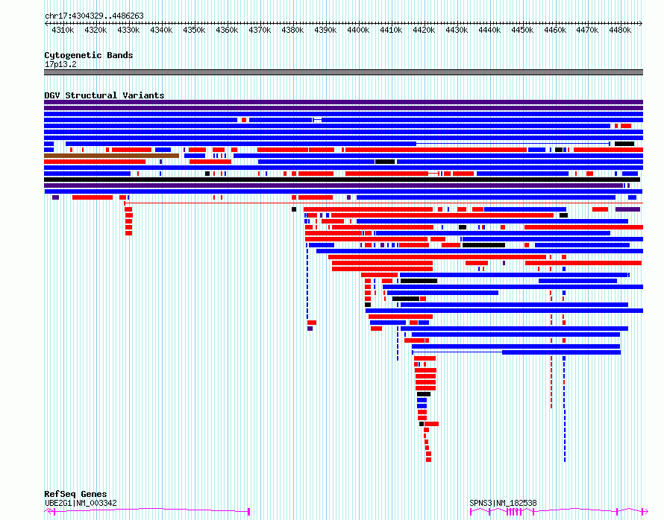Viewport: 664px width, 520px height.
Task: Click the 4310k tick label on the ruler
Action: click(63, 30)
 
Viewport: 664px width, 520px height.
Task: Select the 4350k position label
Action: click(194, 30)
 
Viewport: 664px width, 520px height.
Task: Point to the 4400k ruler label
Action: click(358, 30)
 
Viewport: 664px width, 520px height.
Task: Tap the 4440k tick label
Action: click(489, 30)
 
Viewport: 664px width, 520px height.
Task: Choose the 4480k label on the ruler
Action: click(621, 30)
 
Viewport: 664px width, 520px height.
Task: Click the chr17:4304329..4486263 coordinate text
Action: click(94, 16)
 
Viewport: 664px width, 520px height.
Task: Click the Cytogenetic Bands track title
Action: click(88, 55)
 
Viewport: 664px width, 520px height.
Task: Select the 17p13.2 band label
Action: click(60, 64)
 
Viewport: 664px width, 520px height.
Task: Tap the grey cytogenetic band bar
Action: click(343, 72)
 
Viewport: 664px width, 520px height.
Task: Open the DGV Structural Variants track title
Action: click(104, 95)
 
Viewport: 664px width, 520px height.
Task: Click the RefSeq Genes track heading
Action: click(75, 494)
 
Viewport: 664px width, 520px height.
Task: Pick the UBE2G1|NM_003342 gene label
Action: click(81, 503)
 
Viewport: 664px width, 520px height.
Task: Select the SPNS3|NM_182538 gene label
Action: click(503, 503)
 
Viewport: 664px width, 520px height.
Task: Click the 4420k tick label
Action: click(424, 30)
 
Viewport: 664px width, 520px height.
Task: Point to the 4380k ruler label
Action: click(292, 30)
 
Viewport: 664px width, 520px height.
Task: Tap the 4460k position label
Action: click(555, 30)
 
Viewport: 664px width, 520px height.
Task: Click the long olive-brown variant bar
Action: click(112, 156)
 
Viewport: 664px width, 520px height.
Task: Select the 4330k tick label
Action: click(128, 30)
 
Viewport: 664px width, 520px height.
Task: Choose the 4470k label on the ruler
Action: click(588, 30)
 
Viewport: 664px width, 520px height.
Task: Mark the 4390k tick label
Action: click(325, 30)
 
